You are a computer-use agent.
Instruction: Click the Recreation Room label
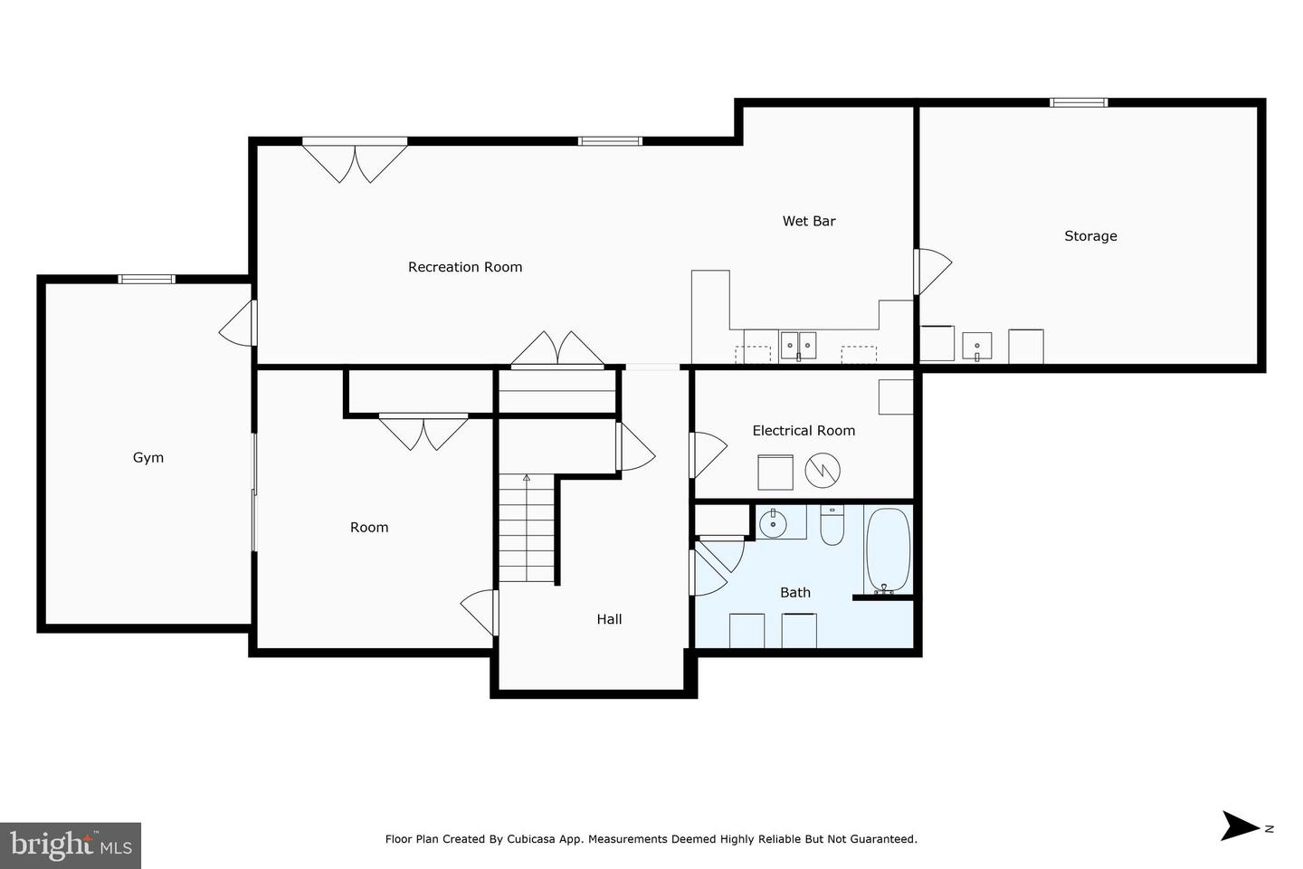coord(465,267)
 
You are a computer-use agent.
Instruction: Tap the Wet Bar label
coord(809,221)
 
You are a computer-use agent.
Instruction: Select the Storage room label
coord(1090,236)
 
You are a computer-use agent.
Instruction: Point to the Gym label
coord(148,458)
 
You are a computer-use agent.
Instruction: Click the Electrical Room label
coord(804,431)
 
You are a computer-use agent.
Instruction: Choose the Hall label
coord(609,620)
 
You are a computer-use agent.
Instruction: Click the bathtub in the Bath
coord(888,550)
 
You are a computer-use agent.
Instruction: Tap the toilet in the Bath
coord(832,526)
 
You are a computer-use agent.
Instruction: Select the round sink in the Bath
coord(772,522)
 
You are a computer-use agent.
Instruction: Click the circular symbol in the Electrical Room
coord(823,470)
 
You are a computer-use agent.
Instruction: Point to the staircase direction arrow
coord(527,477)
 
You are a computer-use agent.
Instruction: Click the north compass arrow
coord(1241,826)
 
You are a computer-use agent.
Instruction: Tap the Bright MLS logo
coord(71,845)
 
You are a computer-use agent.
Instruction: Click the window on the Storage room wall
coord(1078,102)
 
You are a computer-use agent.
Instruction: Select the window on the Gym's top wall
coord(147,279)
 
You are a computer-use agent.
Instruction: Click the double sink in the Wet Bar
coord(798,345)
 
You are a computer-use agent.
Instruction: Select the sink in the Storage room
coord(976,346)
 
